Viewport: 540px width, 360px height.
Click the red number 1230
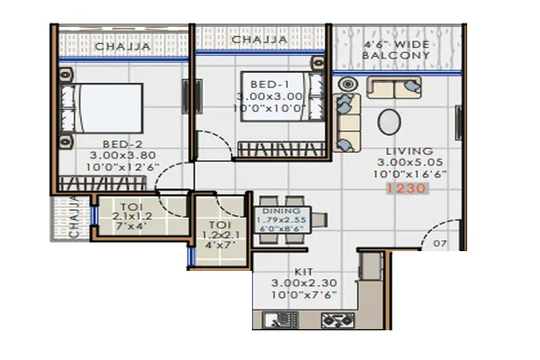coord(402,190)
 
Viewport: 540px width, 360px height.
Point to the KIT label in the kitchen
coord(301,269)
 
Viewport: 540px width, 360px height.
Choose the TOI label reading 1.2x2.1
coord(219,228)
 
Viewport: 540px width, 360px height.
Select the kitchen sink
coord(278,318)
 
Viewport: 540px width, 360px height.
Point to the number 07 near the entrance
coord(440,243)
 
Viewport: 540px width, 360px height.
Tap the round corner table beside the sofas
coord(347,85)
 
